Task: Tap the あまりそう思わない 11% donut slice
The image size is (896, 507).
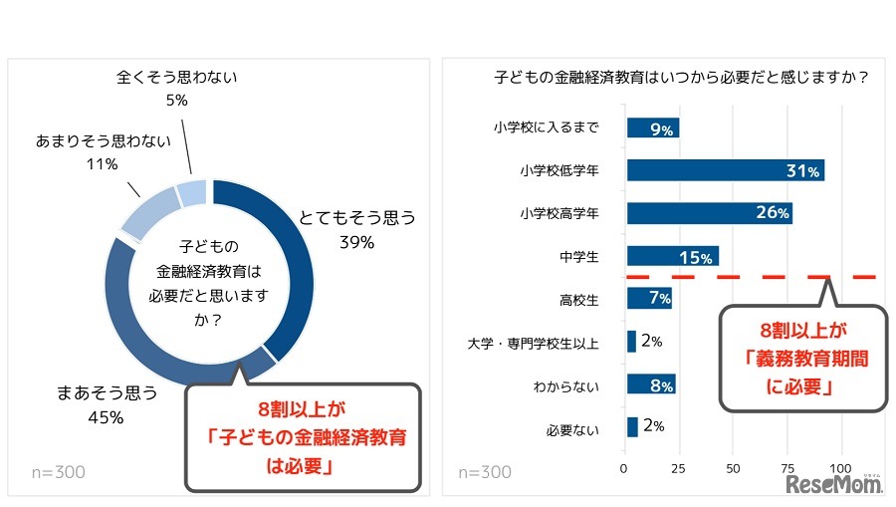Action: pos(147,211)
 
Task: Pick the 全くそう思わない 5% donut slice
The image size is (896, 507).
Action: pos(192,192)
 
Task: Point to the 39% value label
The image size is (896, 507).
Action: pos(356,243)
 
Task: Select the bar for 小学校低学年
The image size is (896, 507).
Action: pos(725,170)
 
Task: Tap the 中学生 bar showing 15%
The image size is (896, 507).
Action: pos(672,256)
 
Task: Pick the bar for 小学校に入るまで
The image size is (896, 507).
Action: pos(652,127)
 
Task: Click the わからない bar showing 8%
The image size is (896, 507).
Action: pos(651,384)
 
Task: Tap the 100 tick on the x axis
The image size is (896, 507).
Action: pos(843,468)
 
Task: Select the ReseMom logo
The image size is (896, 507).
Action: pos(831,484)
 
